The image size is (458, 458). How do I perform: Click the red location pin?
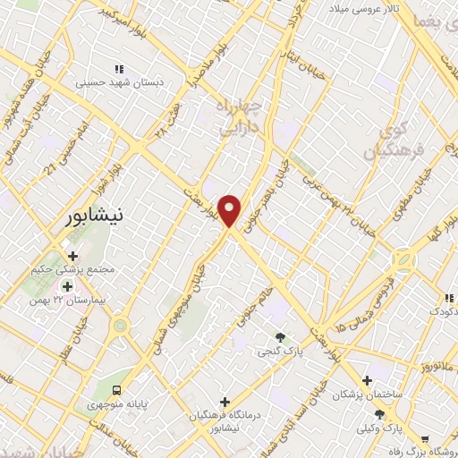pos(231,210)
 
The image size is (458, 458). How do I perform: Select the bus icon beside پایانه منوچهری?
pos(117,389)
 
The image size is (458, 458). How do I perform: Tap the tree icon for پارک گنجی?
pos(281,337)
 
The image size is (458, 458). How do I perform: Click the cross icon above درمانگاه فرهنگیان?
pos(225,402)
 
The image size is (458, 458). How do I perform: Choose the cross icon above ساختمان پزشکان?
pos(367,379)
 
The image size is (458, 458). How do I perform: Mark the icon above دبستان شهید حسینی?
pos(117,68)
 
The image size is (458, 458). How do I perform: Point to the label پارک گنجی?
pos(281,352)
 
